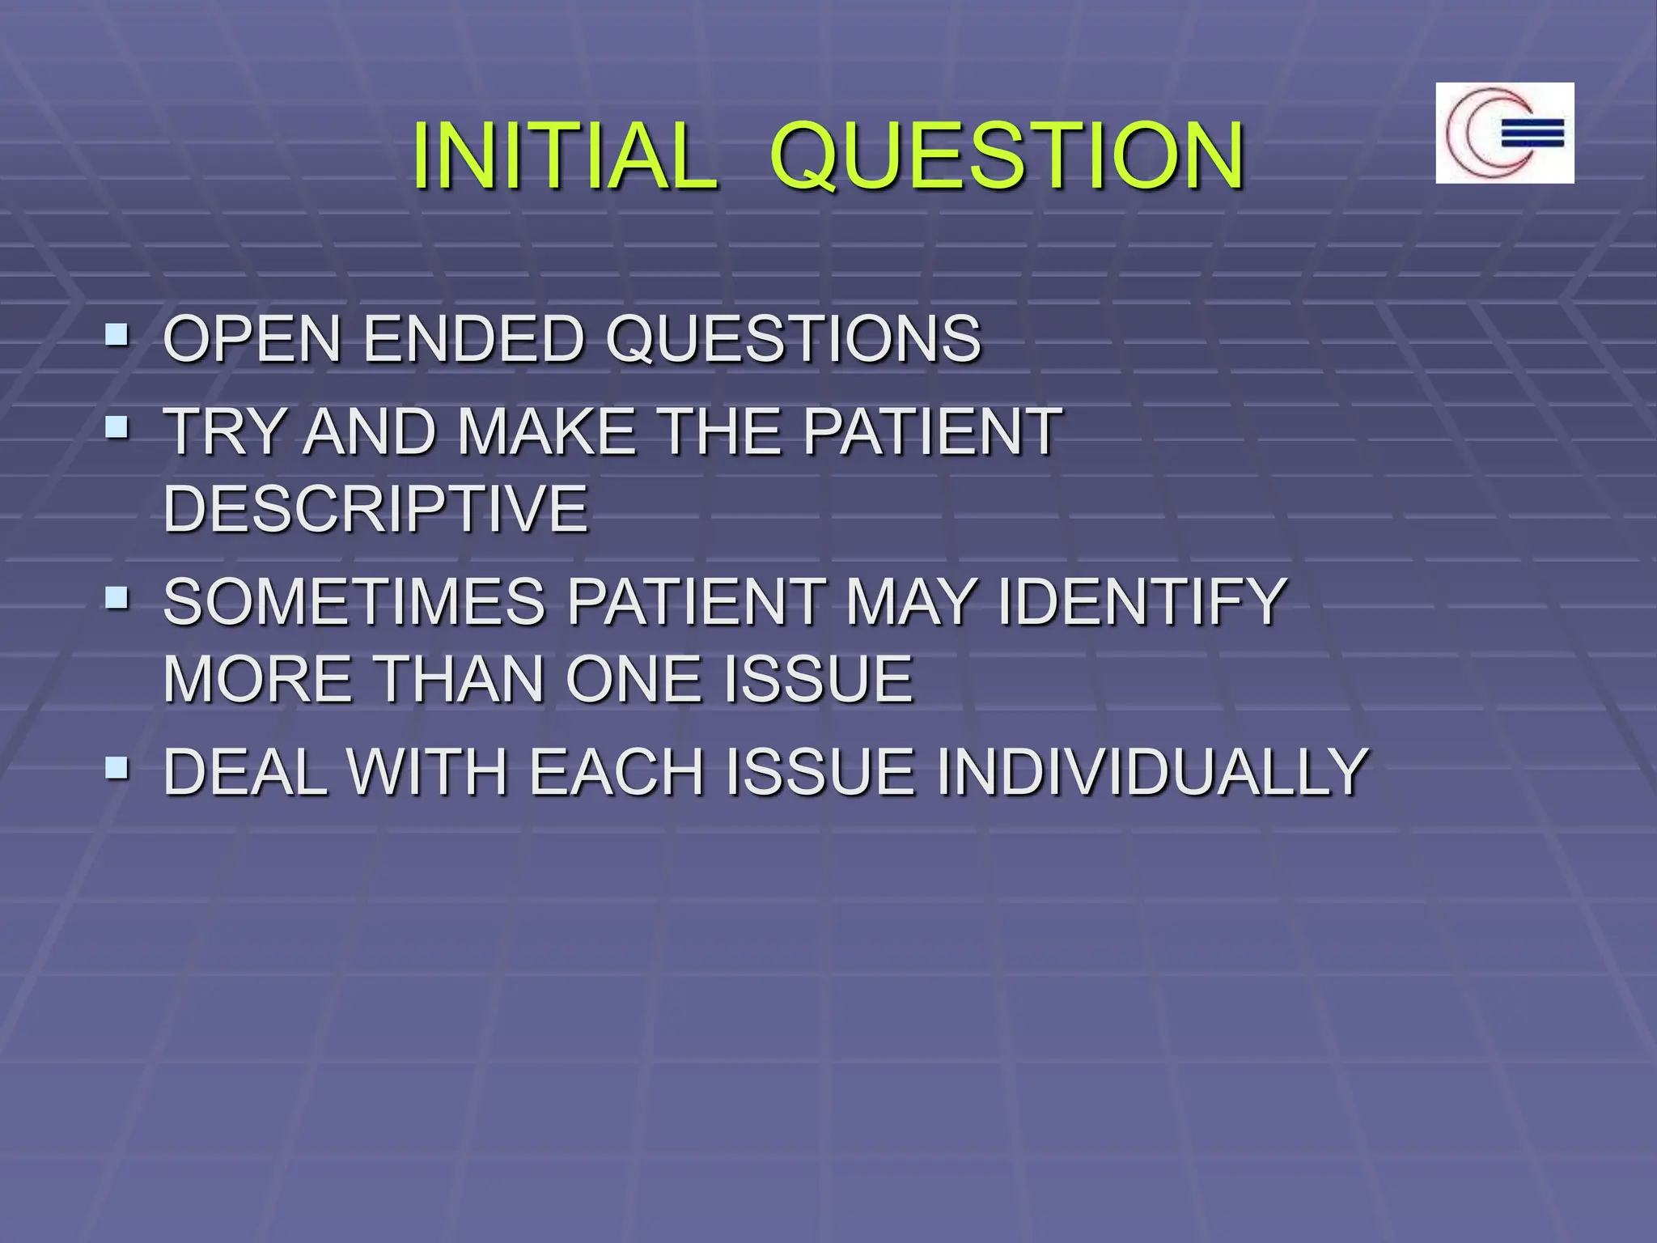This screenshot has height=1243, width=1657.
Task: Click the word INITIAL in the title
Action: (564, 155)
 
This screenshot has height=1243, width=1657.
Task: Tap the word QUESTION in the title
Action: (1006, 155)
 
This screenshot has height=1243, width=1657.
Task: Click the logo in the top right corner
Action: (1504, 133)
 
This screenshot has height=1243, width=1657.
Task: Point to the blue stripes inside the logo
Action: (1532, 134)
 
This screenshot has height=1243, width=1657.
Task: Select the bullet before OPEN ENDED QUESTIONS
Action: (117, 333)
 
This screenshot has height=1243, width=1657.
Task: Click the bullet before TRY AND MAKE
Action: (117, 426)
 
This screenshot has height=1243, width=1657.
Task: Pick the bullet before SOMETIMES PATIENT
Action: (117, 597)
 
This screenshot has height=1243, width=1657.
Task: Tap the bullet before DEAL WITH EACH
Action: (117, 767)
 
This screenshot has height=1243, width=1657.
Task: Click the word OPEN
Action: (252, 338)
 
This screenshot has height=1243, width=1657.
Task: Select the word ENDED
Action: (473, 338)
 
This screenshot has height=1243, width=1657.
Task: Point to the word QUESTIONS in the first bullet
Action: (793, 338)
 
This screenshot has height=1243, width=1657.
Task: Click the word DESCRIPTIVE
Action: (375, 508)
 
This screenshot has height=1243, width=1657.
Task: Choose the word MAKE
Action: (547, 431)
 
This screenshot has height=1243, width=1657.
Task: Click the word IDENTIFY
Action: (1142, 602)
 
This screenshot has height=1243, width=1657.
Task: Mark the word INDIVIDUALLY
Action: (1151, 772)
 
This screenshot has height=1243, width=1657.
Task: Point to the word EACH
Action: (617, 772)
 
